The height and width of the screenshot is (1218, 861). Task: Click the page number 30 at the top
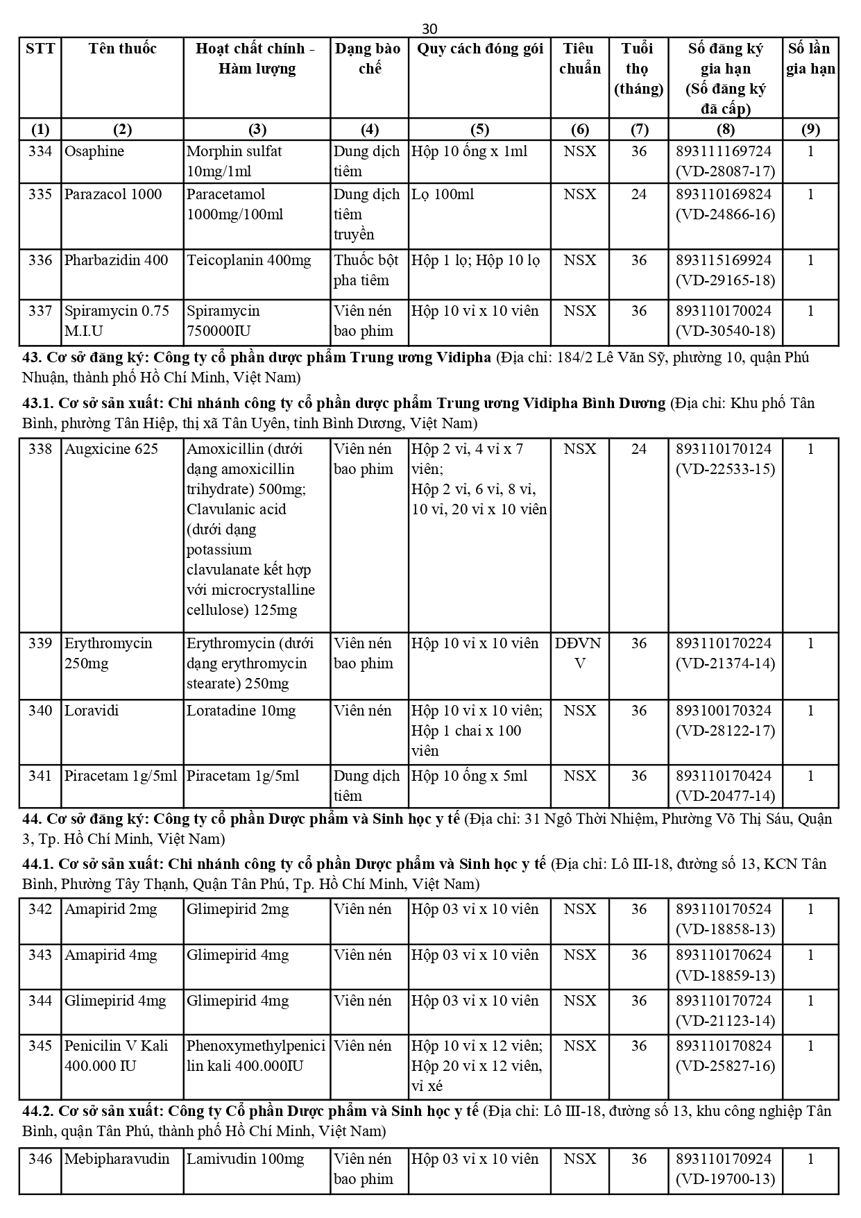[x=429, y=28]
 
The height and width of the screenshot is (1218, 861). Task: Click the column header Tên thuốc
[x=122, y=49]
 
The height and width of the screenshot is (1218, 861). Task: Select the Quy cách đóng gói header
[x=479, y=49]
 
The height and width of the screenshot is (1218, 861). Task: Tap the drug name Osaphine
[x=94, y=151]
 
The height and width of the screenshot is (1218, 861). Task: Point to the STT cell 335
[x=40, y=194]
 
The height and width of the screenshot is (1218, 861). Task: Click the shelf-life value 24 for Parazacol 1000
[x=638, y=194]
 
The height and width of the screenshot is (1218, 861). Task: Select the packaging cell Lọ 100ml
[x=443, y=194]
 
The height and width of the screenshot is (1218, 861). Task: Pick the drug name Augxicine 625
[x=111, y=449]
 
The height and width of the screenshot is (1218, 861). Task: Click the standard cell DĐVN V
[x=579, y=653]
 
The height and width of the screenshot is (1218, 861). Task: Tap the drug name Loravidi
[x=92, y=711]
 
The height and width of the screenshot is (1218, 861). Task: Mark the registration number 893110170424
[x=724, y=776]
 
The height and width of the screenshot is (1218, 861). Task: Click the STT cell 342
[x=40, y=909]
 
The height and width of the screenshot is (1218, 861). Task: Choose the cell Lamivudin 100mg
[x=245, y=1159]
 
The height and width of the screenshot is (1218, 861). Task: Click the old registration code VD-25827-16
[x=725, y=1066]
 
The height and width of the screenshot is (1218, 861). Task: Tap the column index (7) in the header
[x=638, y=130]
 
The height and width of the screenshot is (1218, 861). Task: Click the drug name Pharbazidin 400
[x=116, y=260]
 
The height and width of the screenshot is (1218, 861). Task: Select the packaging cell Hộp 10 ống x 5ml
[x=469, y=776]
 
